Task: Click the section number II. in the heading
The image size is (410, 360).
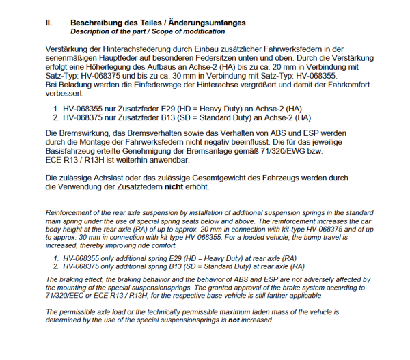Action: [49, 23]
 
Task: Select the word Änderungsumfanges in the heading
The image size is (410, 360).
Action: [208, 23]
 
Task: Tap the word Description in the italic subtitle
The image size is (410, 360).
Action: [90, 31]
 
